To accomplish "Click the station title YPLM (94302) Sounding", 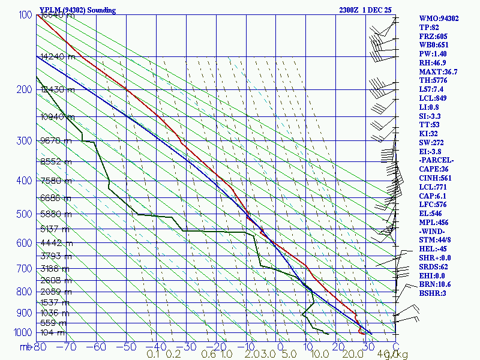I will click(77, 10).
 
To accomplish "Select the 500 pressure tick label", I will click(23, 214).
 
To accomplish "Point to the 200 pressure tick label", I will click(23, 89).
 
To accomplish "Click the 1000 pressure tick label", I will click(21, 333).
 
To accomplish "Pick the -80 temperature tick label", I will click(40, 347).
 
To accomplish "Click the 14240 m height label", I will click(58, 57).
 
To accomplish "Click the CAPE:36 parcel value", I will click(435, 169).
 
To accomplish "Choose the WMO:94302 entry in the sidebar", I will click(439, 19).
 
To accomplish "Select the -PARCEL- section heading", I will click(437, 160).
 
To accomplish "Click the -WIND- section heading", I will click(434, 231).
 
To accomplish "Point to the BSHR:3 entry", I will click(433, 293).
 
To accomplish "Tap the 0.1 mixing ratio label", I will click(152, 355).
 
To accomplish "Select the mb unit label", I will click(26, 347).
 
